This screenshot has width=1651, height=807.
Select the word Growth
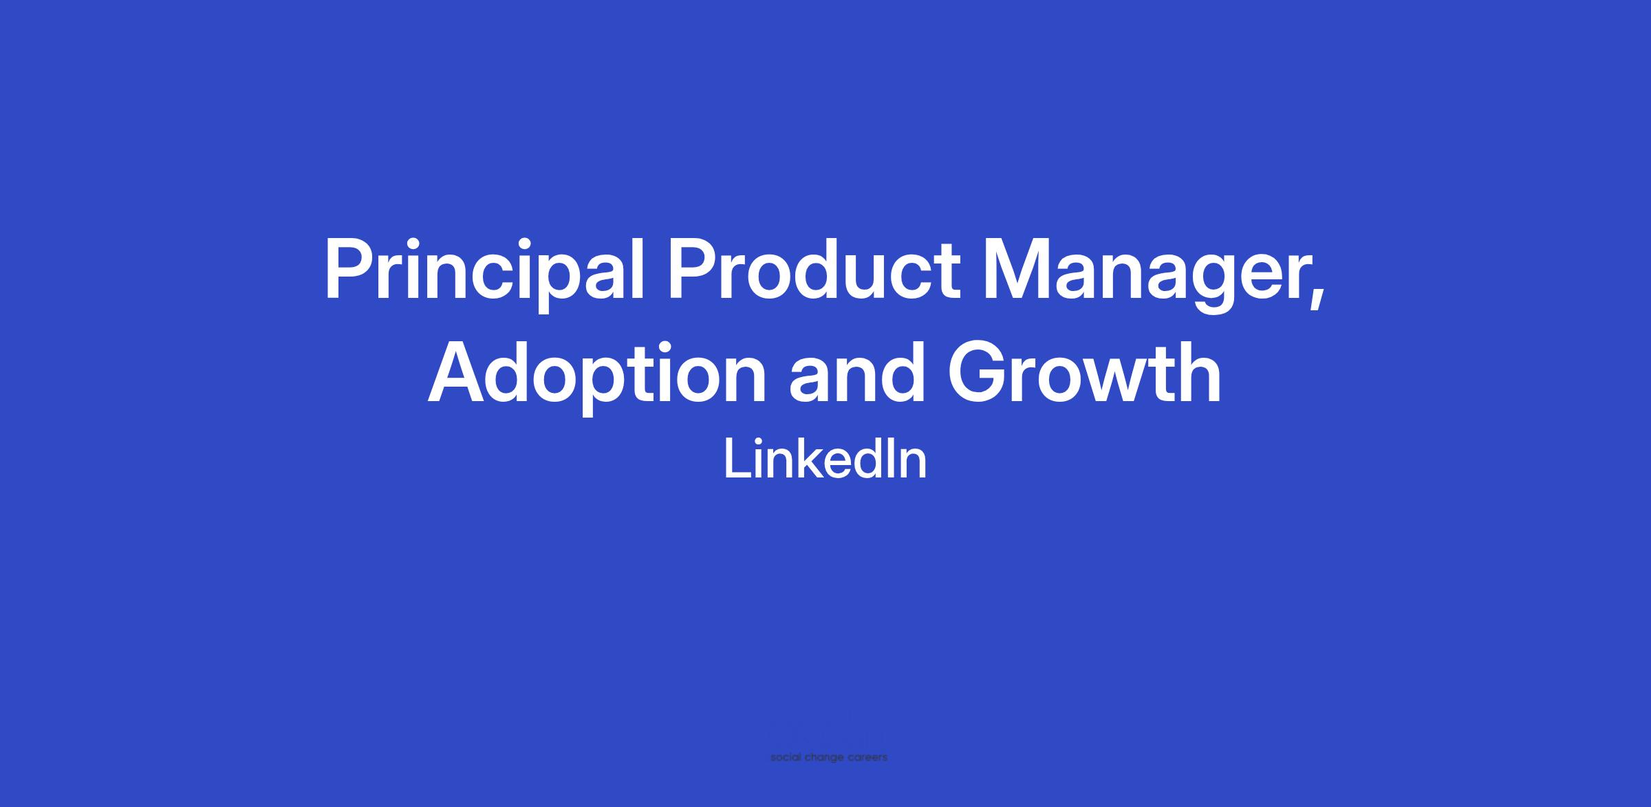(x=1085, y=372)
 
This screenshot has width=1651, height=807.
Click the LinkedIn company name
(x=825, y=459)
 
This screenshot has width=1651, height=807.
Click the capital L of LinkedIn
(x=738, y=459)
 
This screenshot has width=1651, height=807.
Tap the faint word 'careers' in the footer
(x=867, y=758)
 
